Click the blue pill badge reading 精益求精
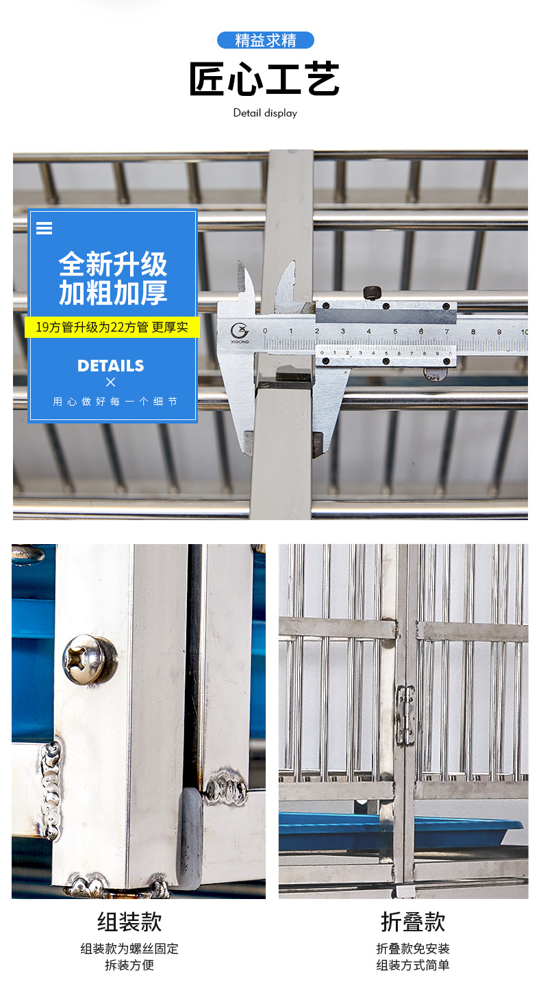coord(265,40)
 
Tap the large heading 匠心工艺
coord(264,79)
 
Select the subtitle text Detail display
coord(265,113)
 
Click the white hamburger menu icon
coord(44,228)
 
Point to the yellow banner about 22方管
coord(112,327)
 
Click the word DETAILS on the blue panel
coord(111,366)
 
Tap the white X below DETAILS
coord(111,382)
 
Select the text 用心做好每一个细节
coord(114,402)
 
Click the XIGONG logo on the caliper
coord(240,331)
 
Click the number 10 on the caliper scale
coord(524,332)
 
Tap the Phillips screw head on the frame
coord(89,660)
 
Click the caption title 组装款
coord(129,922)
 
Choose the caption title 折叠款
coord(413,922)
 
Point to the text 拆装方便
coord(129,966)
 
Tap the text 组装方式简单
coord(413,966)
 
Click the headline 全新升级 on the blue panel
coord(113,265)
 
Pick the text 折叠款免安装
coord(413,949)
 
